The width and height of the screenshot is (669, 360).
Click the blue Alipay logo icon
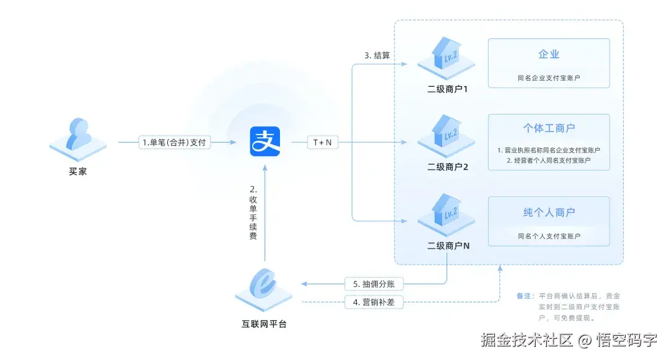coord(265,142)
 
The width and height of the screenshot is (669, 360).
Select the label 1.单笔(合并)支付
coord(173,143)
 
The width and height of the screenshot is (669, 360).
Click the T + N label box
coord(322,143)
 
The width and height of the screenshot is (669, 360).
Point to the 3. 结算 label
coord(377,55)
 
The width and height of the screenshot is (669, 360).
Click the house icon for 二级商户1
coord(446,55)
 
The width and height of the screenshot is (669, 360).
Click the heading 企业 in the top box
coord(549,55)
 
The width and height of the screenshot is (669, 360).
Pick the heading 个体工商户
coord(549,128)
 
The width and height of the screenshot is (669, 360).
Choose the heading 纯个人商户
coord(549,213)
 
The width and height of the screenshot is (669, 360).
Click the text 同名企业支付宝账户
coord(549,79)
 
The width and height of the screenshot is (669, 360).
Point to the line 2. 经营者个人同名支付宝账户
coord(549,160)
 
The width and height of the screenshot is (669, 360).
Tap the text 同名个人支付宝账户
coord(549,236)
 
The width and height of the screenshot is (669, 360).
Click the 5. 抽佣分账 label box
coord(374,284)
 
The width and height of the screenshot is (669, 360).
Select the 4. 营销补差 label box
coord(374,302)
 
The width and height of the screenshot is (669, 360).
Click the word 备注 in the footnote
coord(524,296)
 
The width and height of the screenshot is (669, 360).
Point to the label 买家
coord(78,171)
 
